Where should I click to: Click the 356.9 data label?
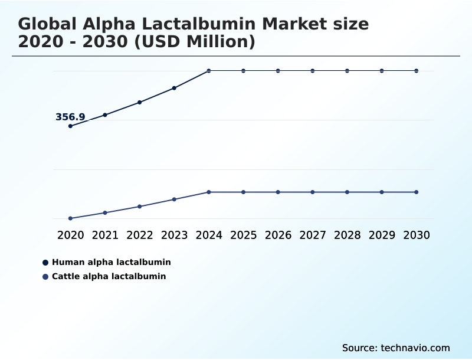click(x=70, y=117)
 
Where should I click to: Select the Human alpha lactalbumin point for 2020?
click(x=70, y=126)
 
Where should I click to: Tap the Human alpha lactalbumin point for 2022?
click(x=139, y=102)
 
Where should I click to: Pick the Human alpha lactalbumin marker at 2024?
click(x=209, y=71)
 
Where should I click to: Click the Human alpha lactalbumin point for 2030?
click(x=417, y=71)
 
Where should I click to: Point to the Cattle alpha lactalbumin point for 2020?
click(x=70, y=218)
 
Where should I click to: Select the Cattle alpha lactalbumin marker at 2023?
click(x=174, y=199)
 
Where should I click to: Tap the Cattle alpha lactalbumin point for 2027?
click(x=313, y=192)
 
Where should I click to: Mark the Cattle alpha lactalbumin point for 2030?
click(x=417, y=192)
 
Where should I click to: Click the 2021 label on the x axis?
click(x=105, y=235)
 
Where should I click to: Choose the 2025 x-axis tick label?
click(x=243, y=235)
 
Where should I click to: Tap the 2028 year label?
click(x=347, y=235)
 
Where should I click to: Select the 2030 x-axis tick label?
click(x=417, y=235)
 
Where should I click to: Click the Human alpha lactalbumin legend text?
click(x=111, y=262)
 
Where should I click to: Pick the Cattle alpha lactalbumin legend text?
click(x=109, y=276)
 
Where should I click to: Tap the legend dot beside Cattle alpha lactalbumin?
click(x=45, y=277)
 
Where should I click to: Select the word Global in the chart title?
click(x=47, y=24)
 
